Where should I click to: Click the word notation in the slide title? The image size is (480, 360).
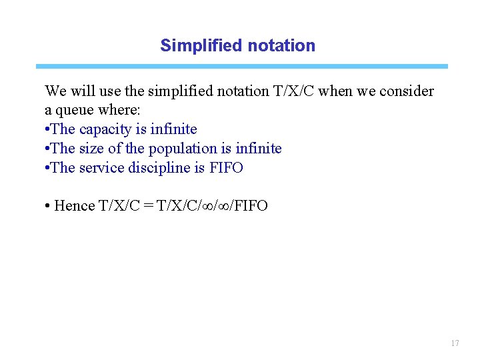point(281,45)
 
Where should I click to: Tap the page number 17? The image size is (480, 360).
point(455,343)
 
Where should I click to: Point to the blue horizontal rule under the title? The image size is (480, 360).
point(241,67)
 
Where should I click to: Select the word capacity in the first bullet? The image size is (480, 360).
point(101,129)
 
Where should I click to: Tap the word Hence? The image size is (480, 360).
point(75,205)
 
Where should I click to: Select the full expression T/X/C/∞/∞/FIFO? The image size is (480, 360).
point(212,205)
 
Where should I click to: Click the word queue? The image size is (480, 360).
point(75,109)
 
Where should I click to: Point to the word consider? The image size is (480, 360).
point(407,91)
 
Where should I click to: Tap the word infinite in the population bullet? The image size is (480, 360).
point(259,148)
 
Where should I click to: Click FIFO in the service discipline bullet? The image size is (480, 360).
point(226,167)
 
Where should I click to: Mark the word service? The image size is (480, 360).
point(100,167)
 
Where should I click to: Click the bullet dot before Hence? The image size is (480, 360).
point(48,205)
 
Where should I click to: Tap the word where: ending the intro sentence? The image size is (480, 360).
point(115,109)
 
